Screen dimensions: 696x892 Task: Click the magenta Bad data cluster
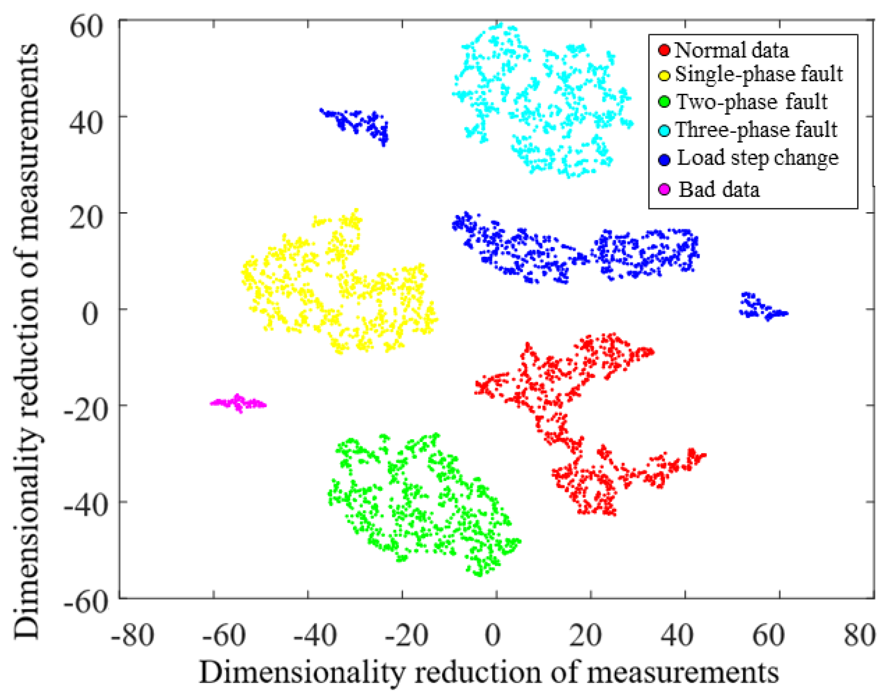(x=238, y=403)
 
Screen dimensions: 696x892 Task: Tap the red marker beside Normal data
(x=664, y=51)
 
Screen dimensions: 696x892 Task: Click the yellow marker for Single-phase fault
(x=664, y=76)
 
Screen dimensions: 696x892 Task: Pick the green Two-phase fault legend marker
(x=664, y=102)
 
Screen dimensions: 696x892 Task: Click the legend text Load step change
(x=758, y=158)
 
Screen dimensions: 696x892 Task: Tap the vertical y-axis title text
(x=26, y=341)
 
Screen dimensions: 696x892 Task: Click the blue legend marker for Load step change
(x=664, y=160)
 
